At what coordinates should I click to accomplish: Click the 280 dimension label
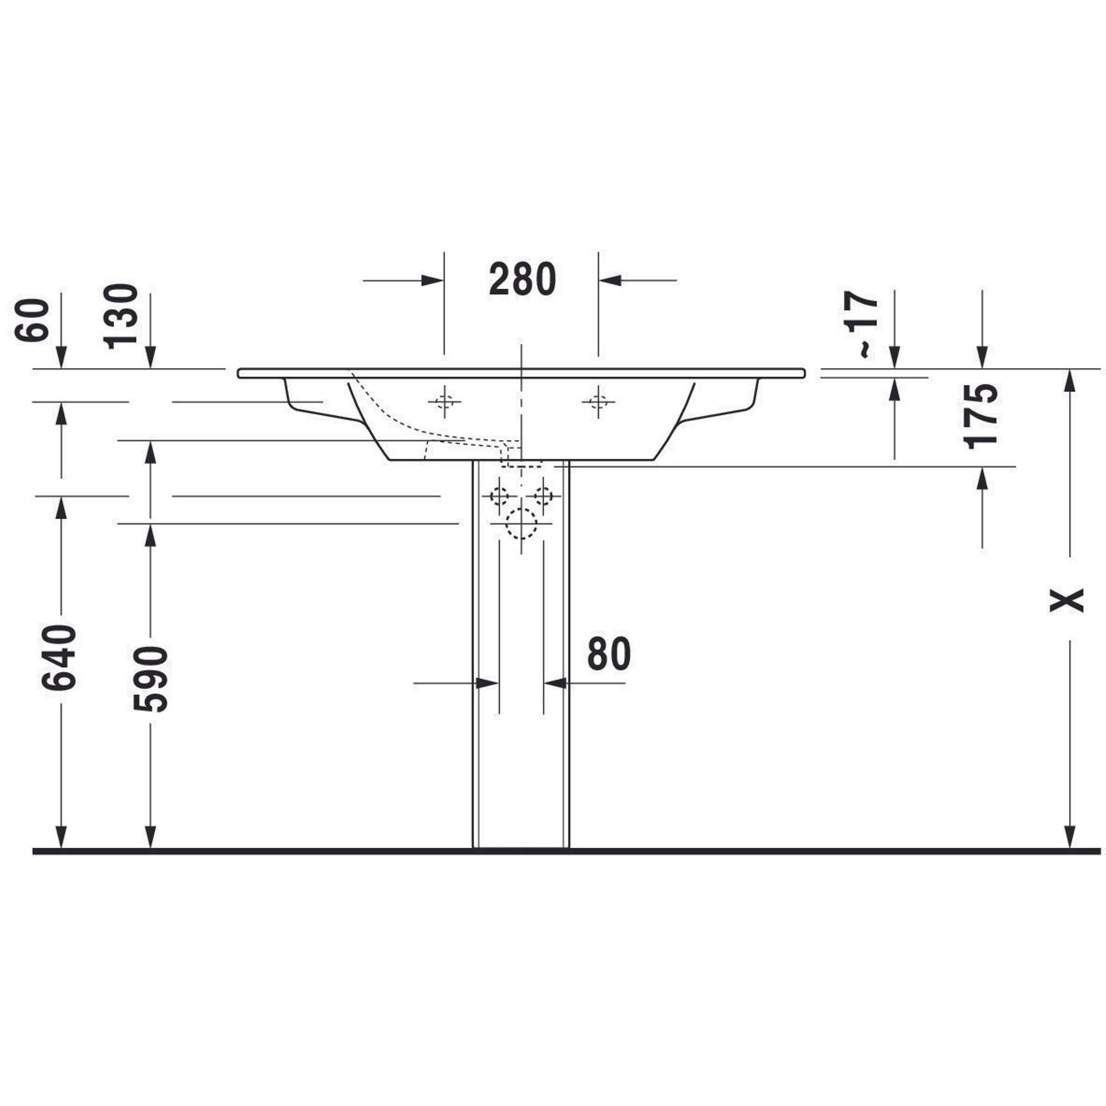(x=522, y=279)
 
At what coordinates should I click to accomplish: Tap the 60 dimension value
(x=32, y=320)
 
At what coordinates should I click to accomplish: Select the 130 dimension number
(x=121, y=316)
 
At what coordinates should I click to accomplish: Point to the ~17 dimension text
(x=860, y=325)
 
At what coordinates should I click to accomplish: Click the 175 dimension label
(x=980, y=416)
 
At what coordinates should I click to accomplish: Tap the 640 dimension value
(x=59, y=657)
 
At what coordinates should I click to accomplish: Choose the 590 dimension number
(x=150, y=680)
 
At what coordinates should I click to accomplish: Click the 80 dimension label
(x=609, y=654)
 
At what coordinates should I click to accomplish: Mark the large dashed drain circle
(x=521, y=523)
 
